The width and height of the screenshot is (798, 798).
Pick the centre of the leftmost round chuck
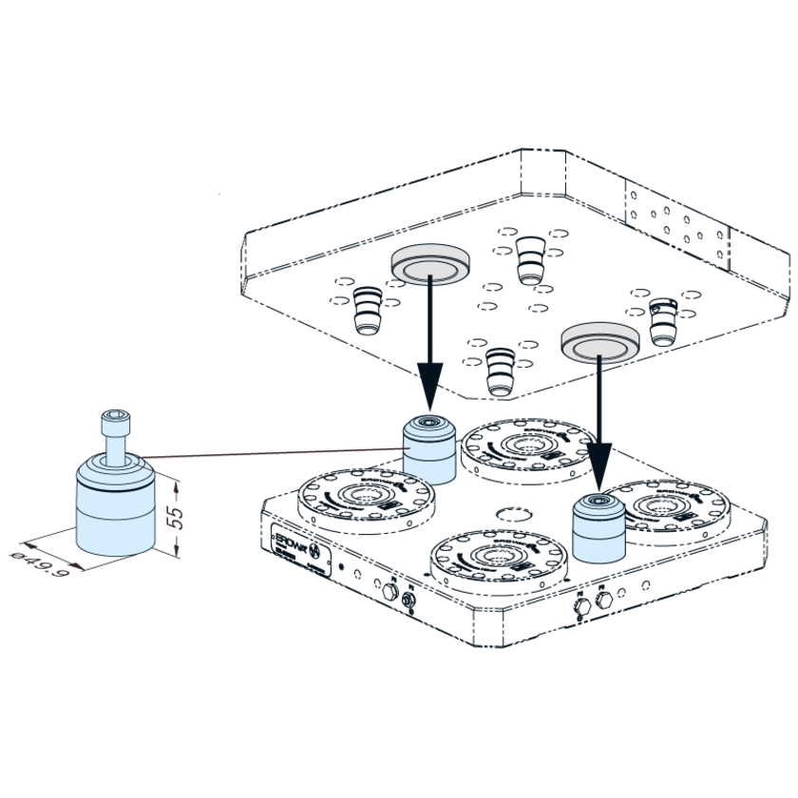(x=366, y=494)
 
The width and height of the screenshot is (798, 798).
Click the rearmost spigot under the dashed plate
(x=530, y=258)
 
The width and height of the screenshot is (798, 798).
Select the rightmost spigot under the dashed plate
(x=662, y=321)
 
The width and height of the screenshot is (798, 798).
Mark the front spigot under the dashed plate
(x=498, y=369)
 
